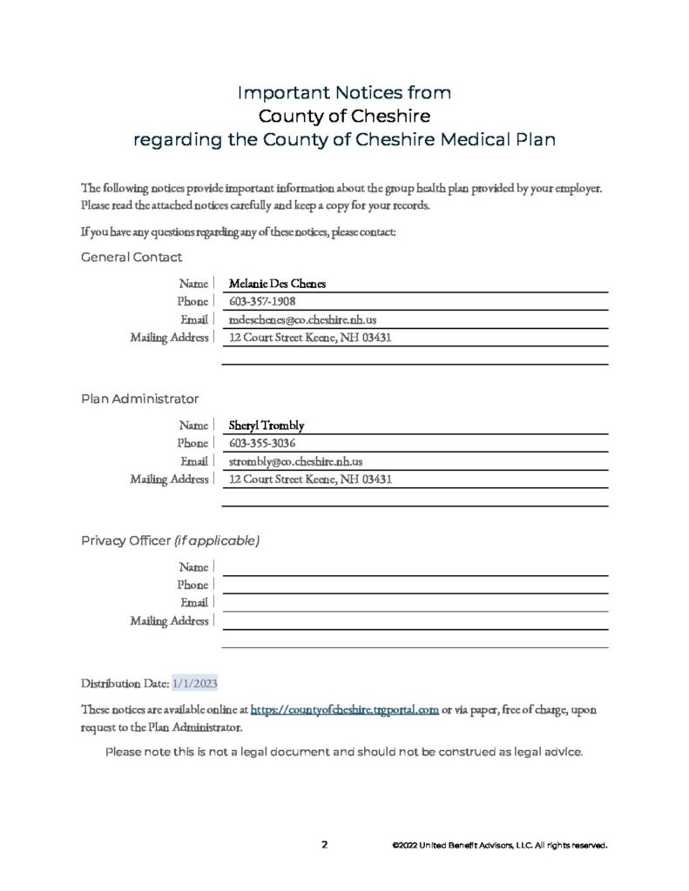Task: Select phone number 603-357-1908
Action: tap(261, 301)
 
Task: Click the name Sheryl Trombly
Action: tap(266, 426)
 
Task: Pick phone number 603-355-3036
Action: tap(261, 444)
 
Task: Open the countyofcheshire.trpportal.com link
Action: tap(344, 710)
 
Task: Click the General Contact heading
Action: tap(132, 258)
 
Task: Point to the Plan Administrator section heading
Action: tap(139, 399)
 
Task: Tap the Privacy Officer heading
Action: tap(170, 540)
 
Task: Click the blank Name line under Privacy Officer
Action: tap(415, 567)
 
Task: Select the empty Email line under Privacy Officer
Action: tap(415, 603)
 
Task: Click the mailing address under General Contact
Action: tap(311, 337)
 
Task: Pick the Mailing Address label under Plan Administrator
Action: tap(169, 479)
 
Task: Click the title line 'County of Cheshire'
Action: tap(344, 115)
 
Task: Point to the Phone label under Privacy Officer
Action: tap(193, 586)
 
